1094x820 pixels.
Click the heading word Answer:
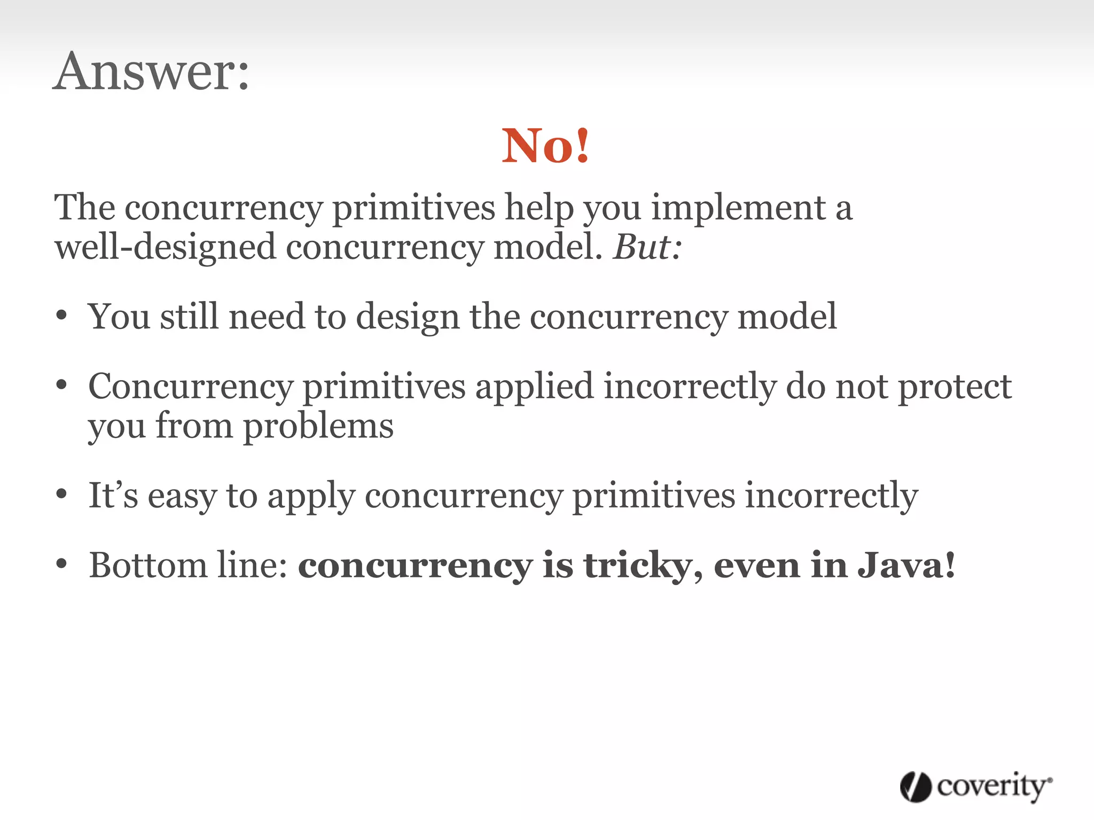click(x=151, y=72)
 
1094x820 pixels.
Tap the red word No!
click(x=545, y=146)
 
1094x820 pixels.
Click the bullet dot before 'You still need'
click(x=62, y=316)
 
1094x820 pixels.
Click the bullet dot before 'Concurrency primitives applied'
click(x=62, y=384)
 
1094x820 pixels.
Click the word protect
click(x=955, y=387)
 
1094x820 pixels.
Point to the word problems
click(x=318, y=427)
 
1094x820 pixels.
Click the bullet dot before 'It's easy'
click(x=62, y=494)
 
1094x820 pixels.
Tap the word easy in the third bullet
click(x=182, y=497)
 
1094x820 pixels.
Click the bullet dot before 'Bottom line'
click(x=62, y=564)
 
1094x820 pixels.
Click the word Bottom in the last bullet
click(x=148, y=565)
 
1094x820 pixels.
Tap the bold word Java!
click(x=906, y=565)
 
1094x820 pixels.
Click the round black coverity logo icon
click(x=916, y=787)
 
